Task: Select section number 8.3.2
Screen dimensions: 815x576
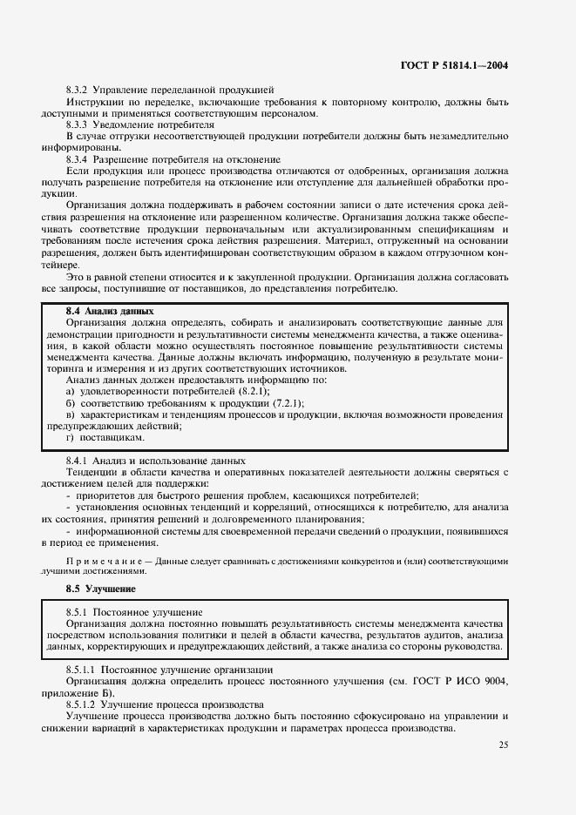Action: pos(79,90)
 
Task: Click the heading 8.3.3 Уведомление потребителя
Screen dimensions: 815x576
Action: pos(140,124)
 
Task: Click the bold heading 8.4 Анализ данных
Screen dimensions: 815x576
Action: pos(110,310)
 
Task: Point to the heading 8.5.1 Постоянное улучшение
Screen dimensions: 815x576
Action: pos(134,612)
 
